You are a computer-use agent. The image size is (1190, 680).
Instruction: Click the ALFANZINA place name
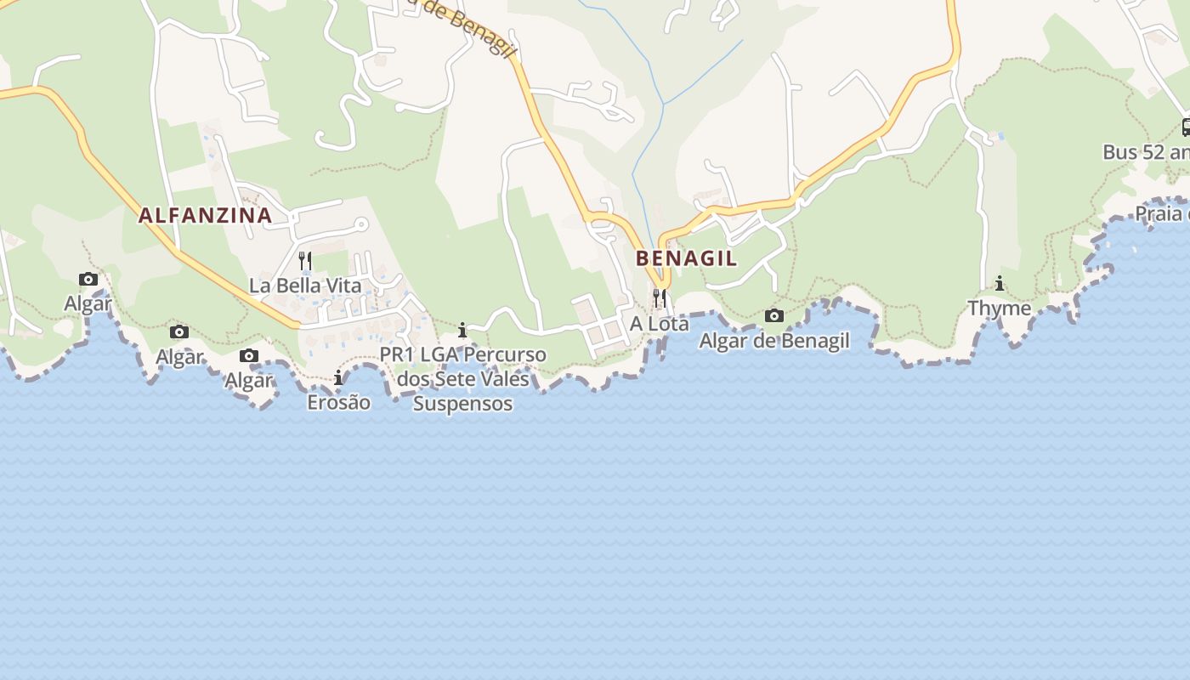coord(205,215)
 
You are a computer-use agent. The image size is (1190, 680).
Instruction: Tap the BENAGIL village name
coord(686,258)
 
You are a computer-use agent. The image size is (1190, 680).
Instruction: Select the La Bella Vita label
coord(304,286)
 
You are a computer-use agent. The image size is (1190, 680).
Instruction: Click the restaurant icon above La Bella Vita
coord(305,260)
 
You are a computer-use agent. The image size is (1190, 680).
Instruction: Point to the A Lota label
coord(659,324)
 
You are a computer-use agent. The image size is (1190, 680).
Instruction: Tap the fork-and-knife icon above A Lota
coord(659,298)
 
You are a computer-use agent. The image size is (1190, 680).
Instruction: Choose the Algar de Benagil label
coord(773,341)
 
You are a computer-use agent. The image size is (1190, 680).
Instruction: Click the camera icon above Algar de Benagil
coord(773,316)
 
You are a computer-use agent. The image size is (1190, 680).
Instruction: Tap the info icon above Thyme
coord(1000,284)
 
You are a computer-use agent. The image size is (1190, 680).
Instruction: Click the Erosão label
coord(338,402)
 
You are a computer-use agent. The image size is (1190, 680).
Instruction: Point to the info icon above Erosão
coord(338,377)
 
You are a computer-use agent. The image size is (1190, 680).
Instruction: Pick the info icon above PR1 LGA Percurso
coord(462,330)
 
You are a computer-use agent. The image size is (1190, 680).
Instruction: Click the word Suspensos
coord(462,403)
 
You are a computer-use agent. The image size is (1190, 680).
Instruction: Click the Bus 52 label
coord(1144,152)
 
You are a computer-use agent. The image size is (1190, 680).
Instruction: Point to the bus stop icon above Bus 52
coord(1186,127)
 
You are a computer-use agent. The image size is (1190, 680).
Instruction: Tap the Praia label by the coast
coord(1161,213)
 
